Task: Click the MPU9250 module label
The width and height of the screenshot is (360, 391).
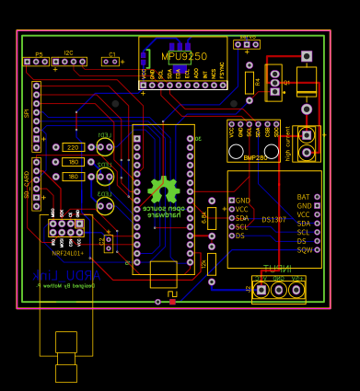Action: (184, 57)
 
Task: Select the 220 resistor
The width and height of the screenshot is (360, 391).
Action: (73, 147)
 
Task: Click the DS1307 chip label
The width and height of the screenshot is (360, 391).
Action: (273, 220)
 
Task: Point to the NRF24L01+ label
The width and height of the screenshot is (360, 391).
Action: (67, 253)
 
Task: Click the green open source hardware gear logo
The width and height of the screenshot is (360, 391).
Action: (164, 190)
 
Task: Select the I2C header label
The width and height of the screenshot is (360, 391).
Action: (68, 53)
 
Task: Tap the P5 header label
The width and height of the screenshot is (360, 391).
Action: (39, 54)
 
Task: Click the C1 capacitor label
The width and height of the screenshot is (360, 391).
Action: (112, 54)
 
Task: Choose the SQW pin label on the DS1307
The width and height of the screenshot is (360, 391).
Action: (303, 250)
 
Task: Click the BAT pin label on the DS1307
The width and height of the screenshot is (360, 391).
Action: (303, 197)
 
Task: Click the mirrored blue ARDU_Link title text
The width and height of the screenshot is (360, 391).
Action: (66, 275)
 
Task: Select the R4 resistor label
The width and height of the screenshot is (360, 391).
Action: (259, 82)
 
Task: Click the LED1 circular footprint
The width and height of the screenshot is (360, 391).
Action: (105, 147)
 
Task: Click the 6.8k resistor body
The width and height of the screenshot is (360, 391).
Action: (212, 218)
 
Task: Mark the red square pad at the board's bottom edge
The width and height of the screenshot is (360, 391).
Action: (172, 302)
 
